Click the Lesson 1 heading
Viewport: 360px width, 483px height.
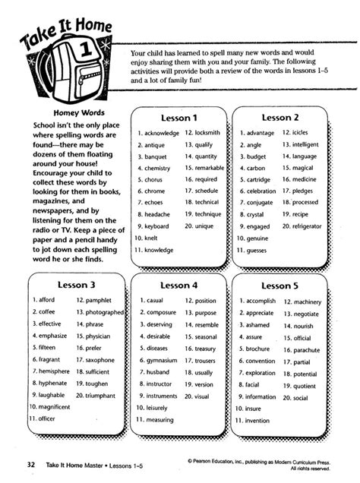coord(179,118)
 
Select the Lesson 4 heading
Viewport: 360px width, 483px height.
coord(179,286)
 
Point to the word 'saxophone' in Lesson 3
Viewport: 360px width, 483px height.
coord(99,360)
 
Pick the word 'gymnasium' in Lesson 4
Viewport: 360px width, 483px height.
coord(162,361)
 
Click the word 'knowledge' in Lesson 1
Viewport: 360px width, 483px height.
coord(159,249)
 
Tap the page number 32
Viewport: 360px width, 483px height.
coord(30,462)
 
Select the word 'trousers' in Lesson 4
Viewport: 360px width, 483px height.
coord(205,361)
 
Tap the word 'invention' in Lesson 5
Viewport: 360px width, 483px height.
coord(257,420)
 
